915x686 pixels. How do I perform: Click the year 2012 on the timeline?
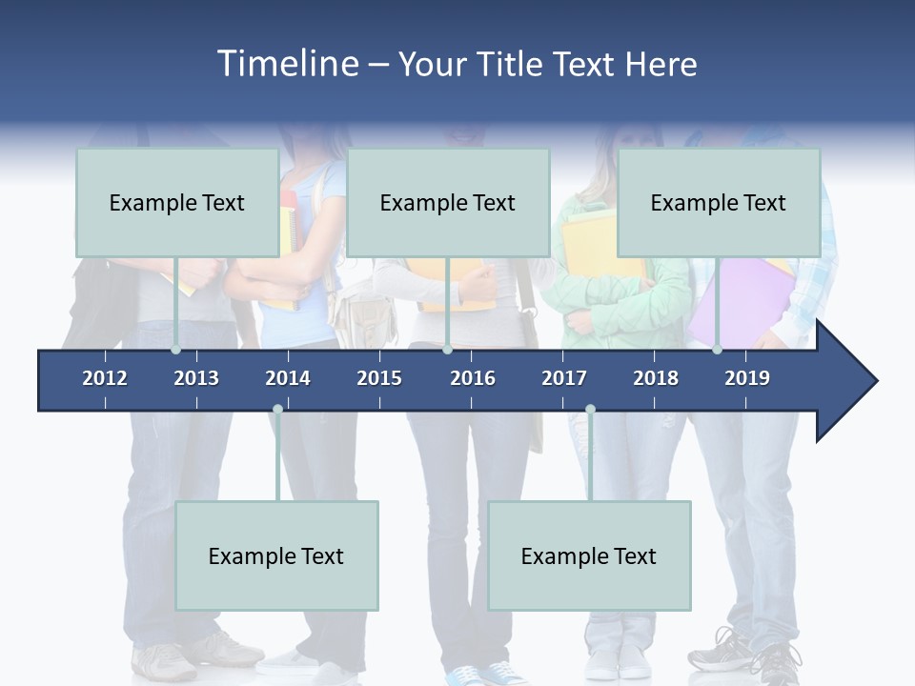(105, 378)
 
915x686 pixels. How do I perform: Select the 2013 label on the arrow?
(196, 378)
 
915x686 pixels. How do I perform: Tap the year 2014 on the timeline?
(288, 378)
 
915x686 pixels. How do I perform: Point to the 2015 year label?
(379, 378)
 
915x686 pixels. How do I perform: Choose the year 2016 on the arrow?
(473, 378)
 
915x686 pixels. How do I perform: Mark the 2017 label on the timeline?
(564, 378)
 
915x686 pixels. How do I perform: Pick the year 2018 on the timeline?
(656, 378)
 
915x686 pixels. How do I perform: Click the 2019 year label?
(747, 378)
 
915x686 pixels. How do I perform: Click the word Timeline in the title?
(285, 64)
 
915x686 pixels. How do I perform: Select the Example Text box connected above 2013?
(177, 202)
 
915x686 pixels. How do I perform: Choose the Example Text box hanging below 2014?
(276, 555)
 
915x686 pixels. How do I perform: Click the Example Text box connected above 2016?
(448, 202)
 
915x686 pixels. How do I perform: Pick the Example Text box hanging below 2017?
(589, 555)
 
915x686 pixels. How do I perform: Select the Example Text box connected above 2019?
(719, 202)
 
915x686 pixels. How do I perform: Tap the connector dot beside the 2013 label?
(176, 350)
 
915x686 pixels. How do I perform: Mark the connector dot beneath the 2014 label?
(277, 410)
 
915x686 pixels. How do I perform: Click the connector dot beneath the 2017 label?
(590, 410)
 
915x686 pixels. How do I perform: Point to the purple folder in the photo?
(739, 300)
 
